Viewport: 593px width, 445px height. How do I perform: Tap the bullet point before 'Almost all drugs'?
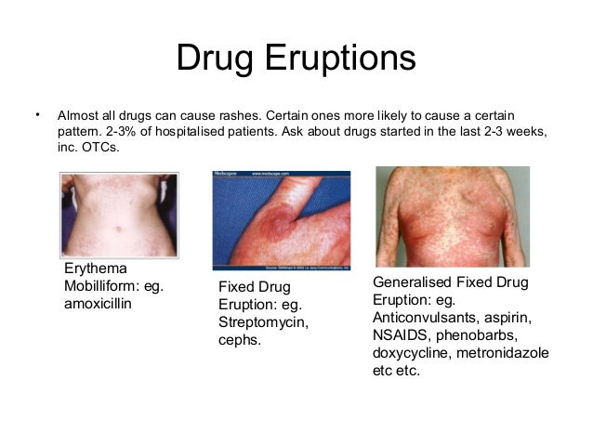(x=36, y=115)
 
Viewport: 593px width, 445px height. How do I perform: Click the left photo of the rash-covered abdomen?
(x=118, y=215)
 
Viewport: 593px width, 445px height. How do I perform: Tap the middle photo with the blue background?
(x=281, y=220)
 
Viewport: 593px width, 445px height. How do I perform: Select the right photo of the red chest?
(x=452, y=216)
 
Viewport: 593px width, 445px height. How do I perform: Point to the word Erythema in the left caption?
(x=94, y=268)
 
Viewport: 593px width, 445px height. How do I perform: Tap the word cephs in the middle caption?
(x=239, y=339)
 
